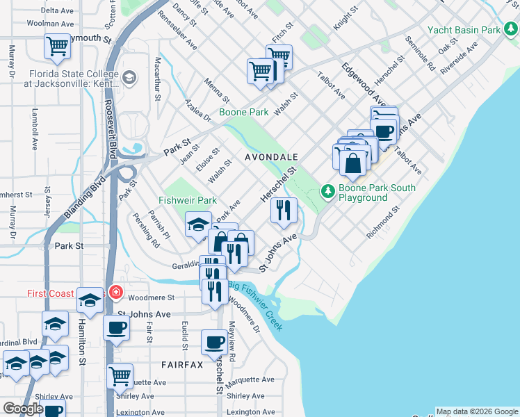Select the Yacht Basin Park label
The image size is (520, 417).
464,30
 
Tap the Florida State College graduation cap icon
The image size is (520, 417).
129,76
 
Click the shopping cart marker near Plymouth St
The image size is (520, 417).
57,47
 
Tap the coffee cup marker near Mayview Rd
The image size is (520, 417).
214,342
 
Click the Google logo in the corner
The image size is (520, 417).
23,409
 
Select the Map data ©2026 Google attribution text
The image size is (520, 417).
477,411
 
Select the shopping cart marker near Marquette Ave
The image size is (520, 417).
120,376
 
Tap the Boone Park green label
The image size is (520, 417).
243,111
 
